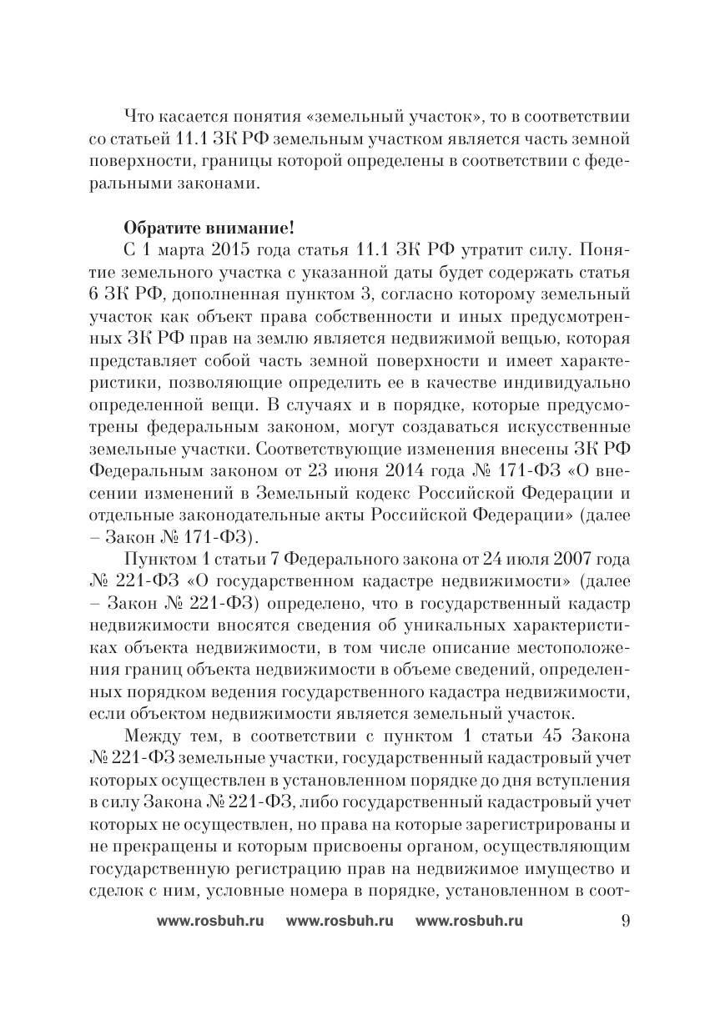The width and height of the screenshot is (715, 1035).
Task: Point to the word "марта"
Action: [x=167, y=251]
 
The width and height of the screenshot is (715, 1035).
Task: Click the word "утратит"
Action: [x=461, y=251]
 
